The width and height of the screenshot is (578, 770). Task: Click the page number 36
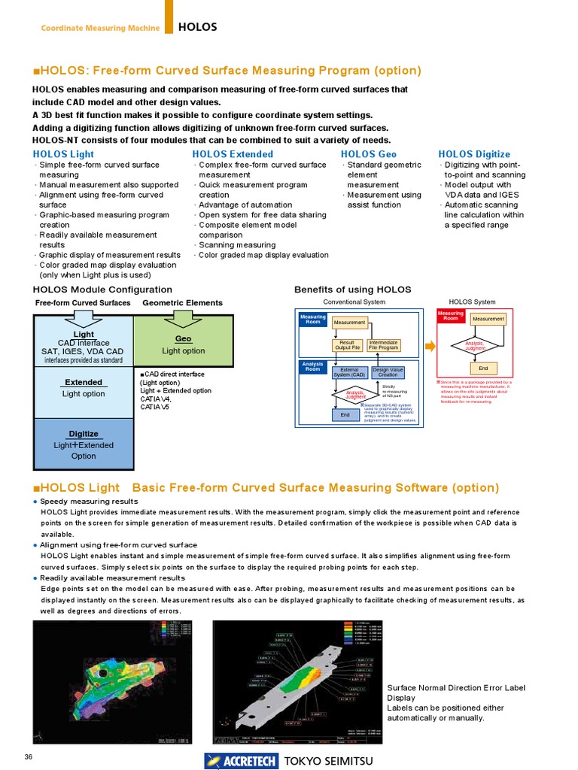tap(29, 756)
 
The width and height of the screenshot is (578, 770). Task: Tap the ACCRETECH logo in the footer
tap(241, 761)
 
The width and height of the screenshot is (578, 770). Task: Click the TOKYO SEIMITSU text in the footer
tap(327, 761)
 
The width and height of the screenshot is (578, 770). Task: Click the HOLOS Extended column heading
tap(233, 154)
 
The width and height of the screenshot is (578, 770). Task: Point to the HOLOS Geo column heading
tap(369, 154)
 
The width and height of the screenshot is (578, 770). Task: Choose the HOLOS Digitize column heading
tap(474, 154)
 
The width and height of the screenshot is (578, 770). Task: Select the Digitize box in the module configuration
tap(84, 444)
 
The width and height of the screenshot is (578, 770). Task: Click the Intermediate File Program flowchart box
tap(384, 345)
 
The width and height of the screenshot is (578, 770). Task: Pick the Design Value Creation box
tap(388, 372)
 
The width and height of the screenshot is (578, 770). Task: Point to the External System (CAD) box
tap(349, 372)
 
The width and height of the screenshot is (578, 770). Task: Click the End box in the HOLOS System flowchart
tap(482, 369)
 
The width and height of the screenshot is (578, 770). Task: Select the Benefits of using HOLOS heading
tap(352, 290)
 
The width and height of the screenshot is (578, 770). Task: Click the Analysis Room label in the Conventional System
tap(313, 366)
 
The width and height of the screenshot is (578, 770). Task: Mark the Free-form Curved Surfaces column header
tap(83, 303)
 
